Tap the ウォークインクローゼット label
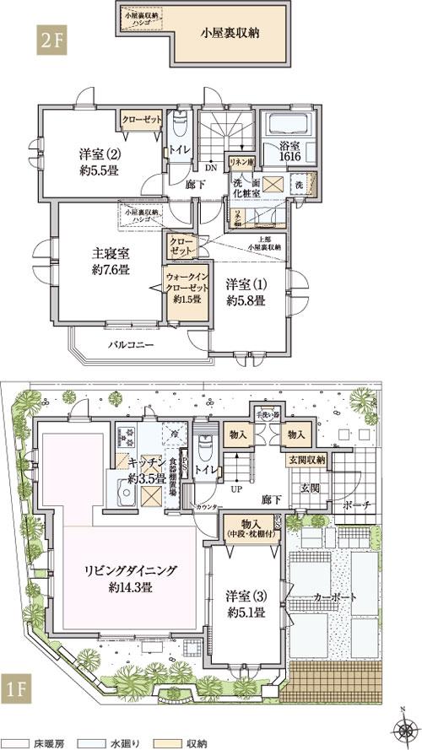tap(182, 287)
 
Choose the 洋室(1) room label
tap(246, 292)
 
